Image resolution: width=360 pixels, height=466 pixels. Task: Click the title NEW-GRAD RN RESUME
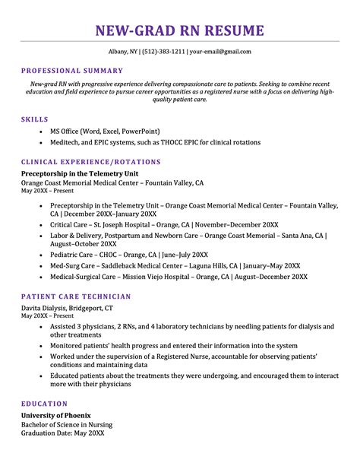[x=180, y=31]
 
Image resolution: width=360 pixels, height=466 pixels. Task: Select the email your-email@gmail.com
[x=220, y=52]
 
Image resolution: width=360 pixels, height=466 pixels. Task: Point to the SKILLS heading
[x=35, y=119]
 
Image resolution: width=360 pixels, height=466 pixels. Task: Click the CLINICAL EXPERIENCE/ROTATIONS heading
[x=91, y=162]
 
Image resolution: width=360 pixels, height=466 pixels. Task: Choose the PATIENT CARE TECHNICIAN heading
[x=76, y=296]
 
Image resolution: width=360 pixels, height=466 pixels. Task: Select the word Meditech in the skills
[x=67, y=144]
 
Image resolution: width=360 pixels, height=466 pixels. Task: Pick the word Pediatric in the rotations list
[x=67, y=255]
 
